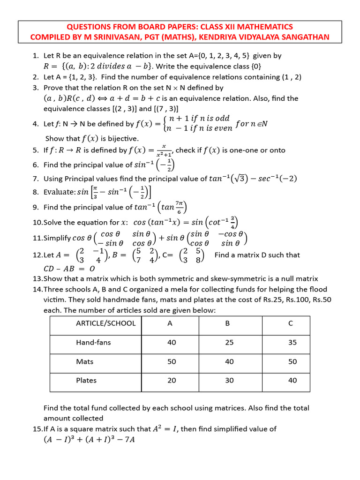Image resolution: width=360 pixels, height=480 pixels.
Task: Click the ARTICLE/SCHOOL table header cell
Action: click(x=105, y=323)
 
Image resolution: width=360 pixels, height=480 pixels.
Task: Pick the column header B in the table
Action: click(x=229, y=323)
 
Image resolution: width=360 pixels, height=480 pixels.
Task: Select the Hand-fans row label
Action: click(x=93, y=342)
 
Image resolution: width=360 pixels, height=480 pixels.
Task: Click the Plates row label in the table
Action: click(x=86, y=380)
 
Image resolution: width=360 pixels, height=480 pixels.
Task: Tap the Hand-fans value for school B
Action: click(x=229, y=342)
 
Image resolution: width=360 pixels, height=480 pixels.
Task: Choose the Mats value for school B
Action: click(x=229, y=361)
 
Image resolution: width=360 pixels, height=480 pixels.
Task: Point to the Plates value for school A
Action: click(x=172, y=380)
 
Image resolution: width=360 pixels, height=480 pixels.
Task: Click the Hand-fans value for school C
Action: click(x=292, y=342)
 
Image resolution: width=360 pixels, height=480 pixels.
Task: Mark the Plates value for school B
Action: click(x=229, y=380)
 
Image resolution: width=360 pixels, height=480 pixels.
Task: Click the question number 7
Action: click(x=36, y=179)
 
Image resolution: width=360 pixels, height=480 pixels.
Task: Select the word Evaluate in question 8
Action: click(x=60, y=192)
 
